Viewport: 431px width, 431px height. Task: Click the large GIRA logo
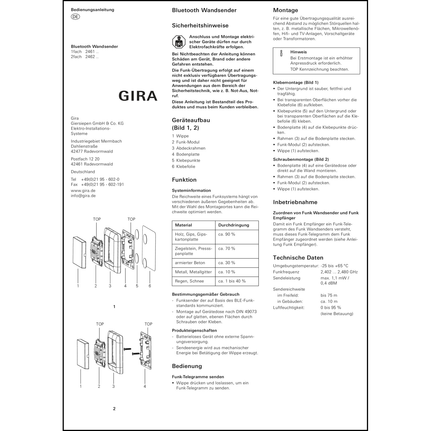[138, 96]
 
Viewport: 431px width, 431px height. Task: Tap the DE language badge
[75, 17]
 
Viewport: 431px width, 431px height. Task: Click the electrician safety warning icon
[179, 42]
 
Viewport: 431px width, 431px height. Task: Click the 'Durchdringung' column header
[234, 225]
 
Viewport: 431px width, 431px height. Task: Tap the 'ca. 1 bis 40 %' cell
[232, 281]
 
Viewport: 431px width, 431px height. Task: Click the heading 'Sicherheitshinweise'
[200, 26]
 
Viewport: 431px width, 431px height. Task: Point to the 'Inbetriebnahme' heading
[295, 202]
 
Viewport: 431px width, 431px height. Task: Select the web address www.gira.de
[83, 191]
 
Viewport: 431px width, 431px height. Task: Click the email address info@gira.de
[83, 196]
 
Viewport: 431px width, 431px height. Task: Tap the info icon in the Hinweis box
[281, 53]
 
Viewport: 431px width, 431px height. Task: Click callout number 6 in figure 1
[150, 286]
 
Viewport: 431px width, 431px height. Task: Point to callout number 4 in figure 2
[145, 386]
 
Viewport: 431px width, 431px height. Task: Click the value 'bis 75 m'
[329, 295]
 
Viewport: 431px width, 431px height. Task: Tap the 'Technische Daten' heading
[298, 258]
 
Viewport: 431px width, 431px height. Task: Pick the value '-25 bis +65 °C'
[334, 266]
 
